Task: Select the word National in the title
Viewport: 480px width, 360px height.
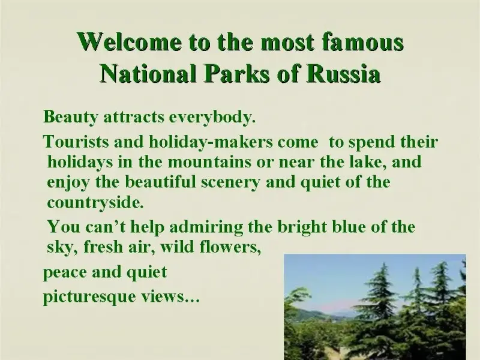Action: (x=148, y=74)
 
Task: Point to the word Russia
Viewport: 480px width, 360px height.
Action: (x=344, y=74)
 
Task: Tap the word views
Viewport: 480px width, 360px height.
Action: (x=170, y=296)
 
